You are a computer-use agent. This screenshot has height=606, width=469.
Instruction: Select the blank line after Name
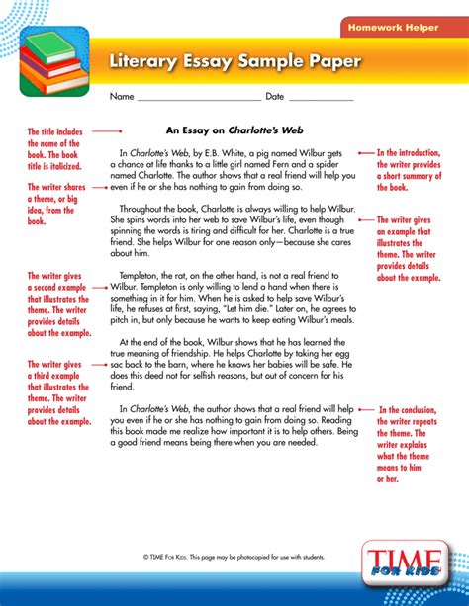click(198, 98)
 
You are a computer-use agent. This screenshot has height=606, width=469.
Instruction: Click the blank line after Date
click(321, 98)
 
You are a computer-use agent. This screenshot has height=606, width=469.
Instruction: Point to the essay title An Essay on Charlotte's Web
click(234, 130)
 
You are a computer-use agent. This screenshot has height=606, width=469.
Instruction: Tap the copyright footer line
click(234, 558)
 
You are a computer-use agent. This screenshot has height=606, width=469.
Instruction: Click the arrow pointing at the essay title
click(106, 130)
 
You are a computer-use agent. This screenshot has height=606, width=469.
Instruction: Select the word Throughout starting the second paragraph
click(144, 209)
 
